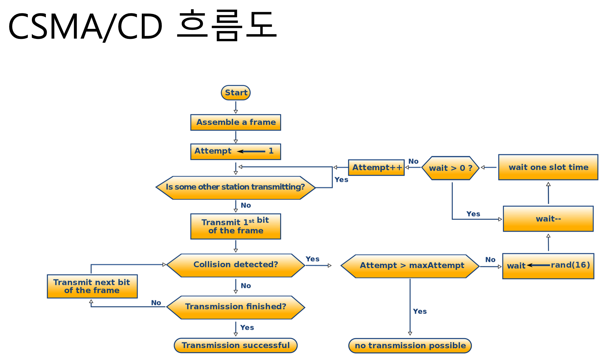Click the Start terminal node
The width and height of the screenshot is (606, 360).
coord(236,93)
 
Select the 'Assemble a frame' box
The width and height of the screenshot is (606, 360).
coord(236,122)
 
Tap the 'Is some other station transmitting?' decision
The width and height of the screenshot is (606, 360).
coord(236,187)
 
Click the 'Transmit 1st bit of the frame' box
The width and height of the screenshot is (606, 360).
coord(236,226)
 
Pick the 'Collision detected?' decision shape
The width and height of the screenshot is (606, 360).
coord(236,265)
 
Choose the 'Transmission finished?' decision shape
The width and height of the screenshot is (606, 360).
coord(236,307)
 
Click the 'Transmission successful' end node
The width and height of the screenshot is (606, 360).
coord(236,345)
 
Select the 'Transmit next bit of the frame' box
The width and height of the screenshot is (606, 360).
coord(92,286)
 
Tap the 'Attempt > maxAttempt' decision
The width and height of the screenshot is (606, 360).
coord(410,266)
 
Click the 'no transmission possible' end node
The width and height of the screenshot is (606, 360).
coord(410,346)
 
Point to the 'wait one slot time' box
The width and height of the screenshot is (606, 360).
coord(548,167)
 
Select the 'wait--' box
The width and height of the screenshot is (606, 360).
coord(548,219)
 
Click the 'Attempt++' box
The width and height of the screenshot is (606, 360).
coord(376,168)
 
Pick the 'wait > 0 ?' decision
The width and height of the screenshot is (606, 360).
coord(450,168)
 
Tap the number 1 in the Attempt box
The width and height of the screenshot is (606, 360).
coord(271,151)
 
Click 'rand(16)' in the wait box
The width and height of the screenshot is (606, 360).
coord(570,265)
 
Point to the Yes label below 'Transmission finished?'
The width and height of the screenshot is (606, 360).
coord(247,327)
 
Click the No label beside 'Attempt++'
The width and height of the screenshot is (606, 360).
coord(413,161)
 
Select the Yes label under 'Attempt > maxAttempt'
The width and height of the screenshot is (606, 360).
coord(420,311)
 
